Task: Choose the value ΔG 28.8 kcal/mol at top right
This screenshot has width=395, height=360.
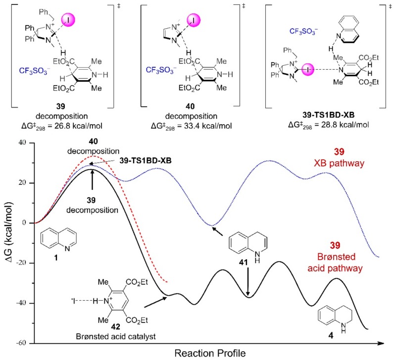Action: [x=327, y=119]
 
